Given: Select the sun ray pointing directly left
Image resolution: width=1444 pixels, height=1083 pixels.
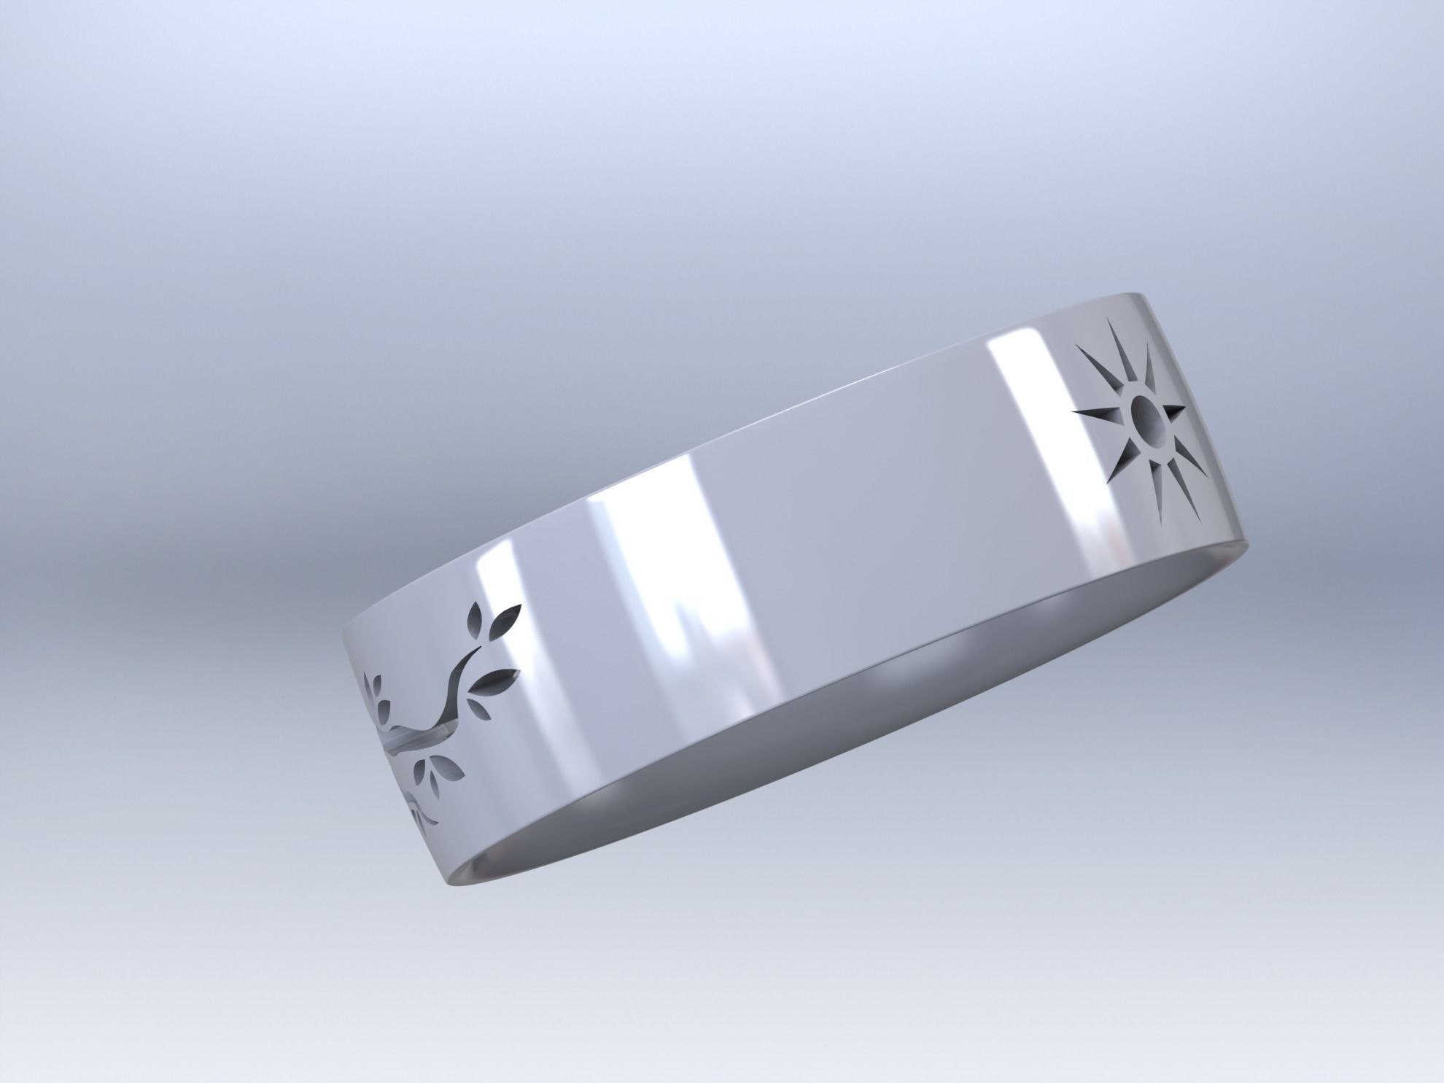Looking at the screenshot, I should [1094, 416].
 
